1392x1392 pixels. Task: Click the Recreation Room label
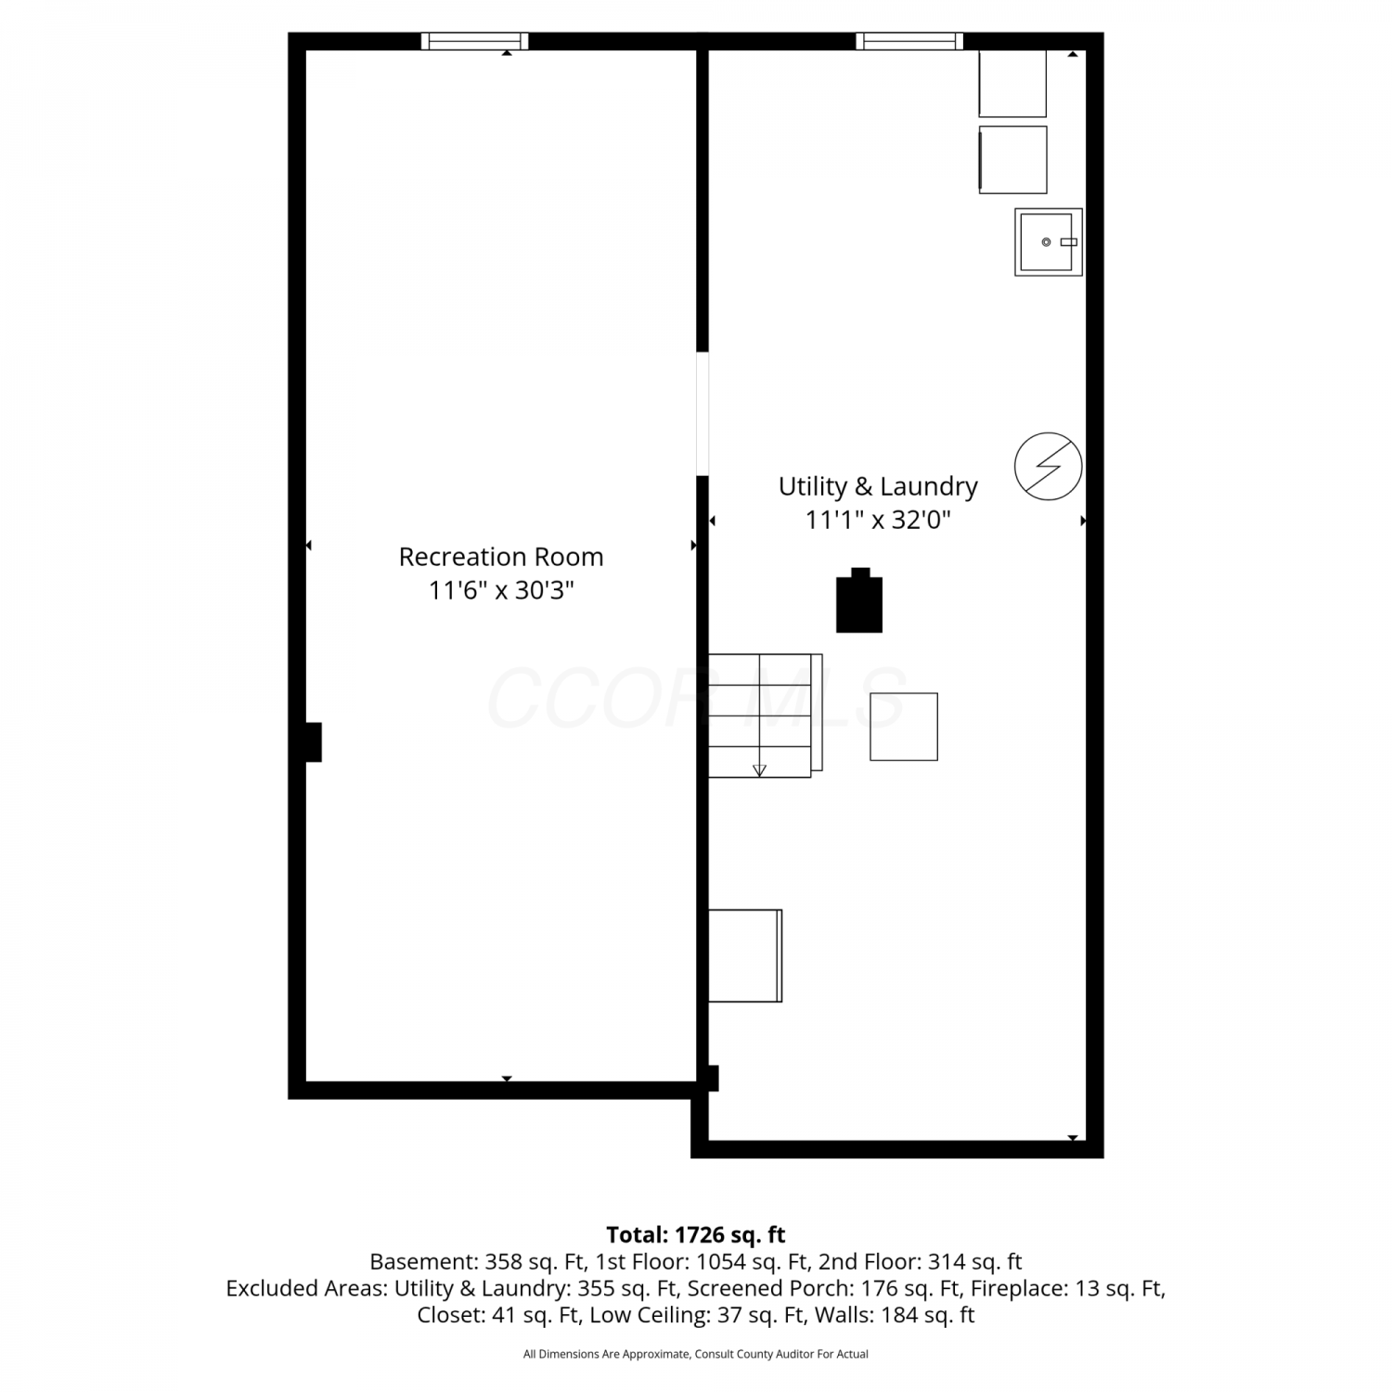(x=501, y=557)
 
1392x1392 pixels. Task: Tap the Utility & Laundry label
(x=878, y=486)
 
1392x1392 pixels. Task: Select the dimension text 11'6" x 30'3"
(x=501, y=590)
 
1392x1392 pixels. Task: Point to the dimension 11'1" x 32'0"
(x=878, y=520)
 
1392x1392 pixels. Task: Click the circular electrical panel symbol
(x=1049, y=466)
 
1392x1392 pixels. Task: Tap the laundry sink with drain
(x=1049, y=242)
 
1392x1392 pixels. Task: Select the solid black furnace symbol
(x=859, y=600)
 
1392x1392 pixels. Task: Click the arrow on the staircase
(x=760, y=769)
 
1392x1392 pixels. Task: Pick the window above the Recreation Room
(x=474, y=41)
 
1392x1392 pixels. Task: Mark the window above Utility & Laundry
(x=909, y=41)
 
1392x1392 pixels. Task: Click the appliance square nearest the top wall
(x=1012, y=84)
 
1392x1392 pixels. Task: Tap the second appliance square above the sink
(x=1012, y=160)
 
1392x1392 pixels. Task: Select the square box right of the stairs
(x=904, y=727)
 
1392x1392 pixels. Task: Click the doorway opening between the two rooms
(x=702, y=414)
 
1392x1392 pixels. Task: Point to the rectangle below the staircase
(x=745, y=956)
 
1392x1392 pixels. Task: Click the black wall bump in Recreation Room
(x=314, y=742)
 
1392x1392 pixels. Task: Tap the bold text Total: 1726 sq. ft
(x=696, y=1235)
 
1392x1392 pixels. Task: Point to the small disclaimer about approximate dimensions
(x=696, y=1354)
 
